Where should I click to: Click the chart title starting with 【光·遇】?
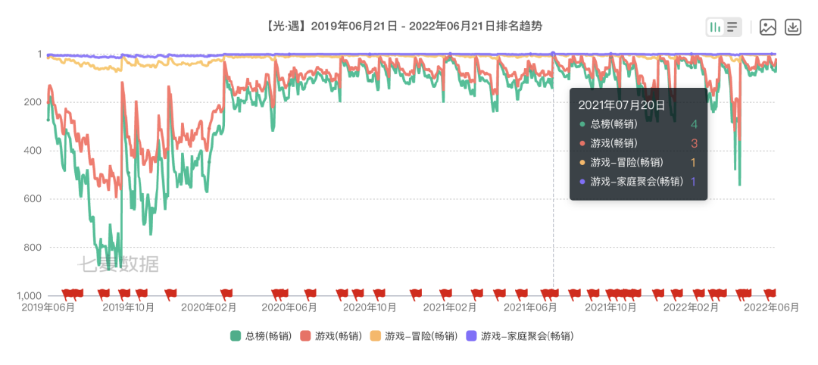click(404, 27)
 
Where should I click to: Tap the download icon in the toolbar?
click(792, 27)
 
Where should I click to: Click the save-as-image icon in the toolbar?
click(768, 27)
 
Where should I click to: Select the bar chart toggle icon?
click(714, 27)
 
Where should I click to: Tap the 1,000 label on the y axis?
click(31, 295)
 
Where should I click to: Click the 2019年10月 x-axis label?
click(128, 307)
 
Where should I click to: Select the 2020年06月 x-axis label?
click(289, 307)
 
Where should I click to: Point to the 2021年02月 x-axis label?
click(450, 307)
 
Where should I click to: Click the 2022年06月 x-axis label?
click(771, 307)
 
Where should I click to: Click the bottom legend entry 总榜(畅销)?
click(261, 335)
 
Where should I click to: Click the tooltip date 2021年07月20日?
click(622, 105)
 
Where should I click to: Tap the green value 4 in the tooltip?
click(694, 124)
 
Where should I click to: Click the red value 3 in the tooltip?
click(694, 143)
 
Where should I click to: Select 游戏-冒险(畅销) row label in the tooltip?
click(626, 162)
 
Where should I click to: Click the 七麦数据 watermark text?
click(118, 264)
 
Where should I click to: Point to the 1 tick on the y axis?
click(39, 55)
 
